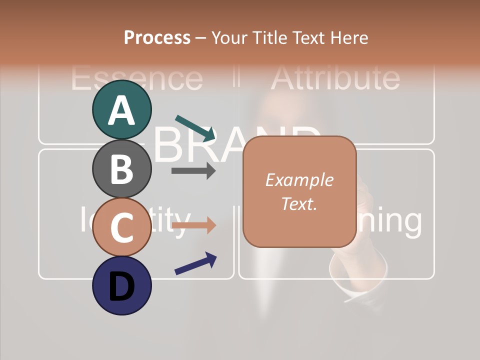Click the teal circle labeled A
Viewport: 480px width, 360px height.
[x=121, y=109]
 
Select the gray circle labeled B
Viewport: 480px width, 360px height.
[x=121, y=168]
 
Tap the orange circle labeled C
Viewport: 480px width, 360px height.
[x=121, y=227]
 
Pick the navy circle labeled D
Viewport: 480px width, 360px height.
[x=121, y=285]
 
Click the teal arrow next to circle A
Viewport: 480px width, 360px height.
[x=195, y=128]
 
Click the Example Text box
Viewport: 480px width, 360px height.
[x=299, y=192]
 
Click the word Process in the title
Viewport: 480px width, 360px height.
[x=157, y=37]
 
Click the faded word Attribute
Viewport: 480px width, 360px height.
[x=335, y=77]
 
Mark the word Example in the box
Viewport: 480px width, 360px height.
[x=299, y=180]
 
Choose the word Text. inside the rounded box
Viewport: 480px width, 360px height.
[x=299, y=204]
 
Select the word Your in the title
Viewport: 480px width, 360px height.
[x=228, y=37]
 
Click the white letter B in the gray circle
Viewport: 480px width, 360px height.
[x=121, y=169]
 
